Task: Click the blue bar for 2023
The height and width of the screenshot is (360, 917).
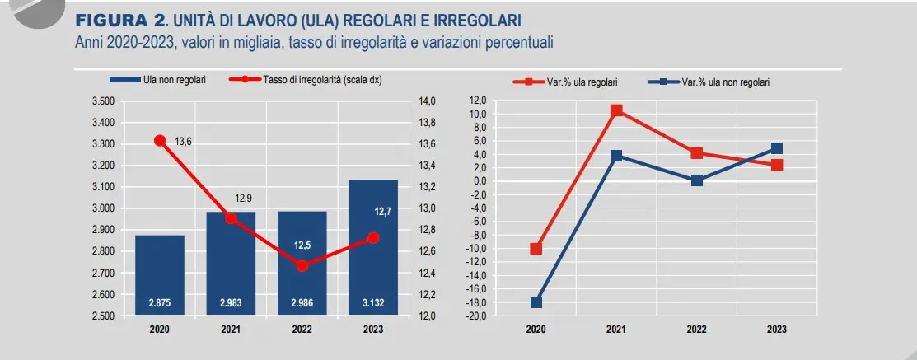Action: click(373, 247)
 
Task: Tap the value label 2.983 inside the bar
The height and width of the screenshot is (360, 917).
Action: click(231, 304)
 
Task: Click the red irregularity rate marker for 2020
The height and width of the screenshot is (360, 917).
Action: click(160, 140)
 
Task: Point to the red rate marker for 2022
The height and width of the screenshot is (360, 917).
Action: click(302, 265)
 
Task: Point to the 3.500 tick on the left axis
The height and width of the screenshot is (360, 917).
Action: click(103, 101)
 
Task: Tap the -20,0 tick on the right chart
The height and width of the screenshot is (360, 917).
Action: click(478, 316)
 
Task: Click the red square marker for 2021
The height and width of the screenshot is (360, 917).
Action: click(616, 110)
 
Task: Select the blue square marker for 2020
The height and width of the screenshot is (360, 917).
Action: click(536, 302)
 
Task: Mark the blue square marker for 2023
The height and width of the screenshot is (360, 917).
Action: click(776, 148)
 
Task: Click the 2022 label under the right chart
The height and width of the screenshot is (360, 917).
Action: click(696, 330)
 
